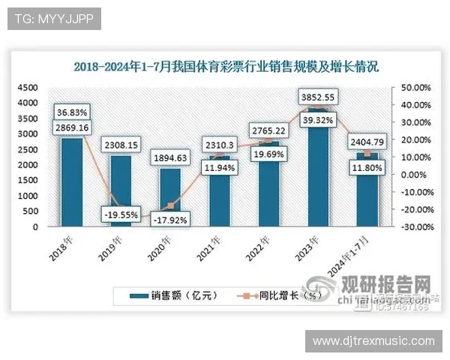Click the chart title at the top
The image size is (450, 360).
(226, 66)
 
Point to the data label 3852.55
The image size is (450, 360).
(316, 96)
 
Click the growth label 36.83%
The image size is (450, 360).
(71, 112)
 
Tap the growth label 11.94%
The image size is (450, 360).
(219, 168)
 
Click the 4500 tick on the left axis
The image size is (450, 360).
(26, 88)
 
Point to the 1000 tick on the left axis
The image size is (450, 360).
(26, 196)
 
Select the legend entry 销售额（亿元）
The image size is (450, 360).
(174, 295)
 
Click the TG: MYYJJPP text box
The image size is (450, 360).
(54, 19)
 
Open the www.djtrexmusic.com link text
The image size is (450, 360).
(373, 342)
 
